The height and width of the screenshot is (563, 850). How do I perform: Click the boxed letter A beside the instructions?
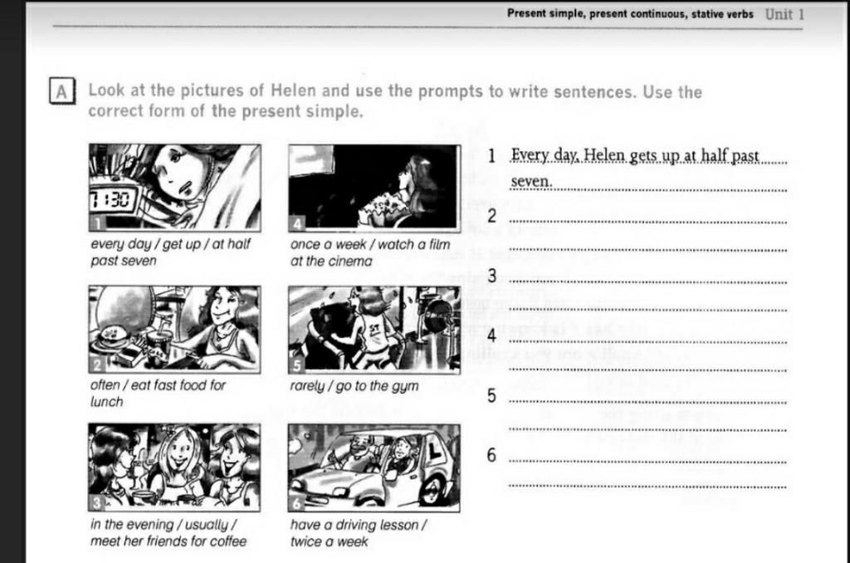[x=61, y=91]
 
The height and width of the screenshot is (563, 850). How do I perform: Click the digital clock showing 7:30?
[x=112, y=201]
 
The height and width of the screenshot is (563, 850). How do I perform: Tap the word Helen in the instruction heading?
[x=293, y=90]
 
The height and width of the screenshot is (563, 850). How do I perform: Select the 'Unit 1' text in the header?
[x=784, y=14]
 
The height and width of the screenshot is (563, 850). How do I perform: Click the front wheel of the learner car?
[x=433, y=490]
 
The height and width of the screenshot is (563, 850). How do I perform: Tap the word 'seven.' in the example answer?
[x=531, y=182]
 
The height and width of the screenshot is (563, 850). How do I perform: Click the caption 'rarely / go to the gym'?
[x=354, y=386]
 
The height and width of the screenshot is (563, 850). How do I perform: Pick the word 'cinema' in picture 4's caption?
[x=353, y=261]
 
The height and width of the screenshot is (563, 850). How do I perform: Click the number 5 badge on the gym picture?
[x=296, y=366]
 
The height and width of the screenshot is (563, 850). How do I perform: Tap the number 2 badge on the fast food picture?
[x=97, y=365]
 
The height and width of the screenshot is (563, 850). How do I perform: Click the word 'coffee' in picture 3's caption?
[x=228, y=541]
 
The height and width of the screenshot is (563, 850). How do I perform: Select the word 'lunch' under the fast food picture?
[x=107, y=402]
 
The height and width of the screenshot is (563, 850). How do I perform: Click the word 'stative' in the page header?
[x=707, y=14]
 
